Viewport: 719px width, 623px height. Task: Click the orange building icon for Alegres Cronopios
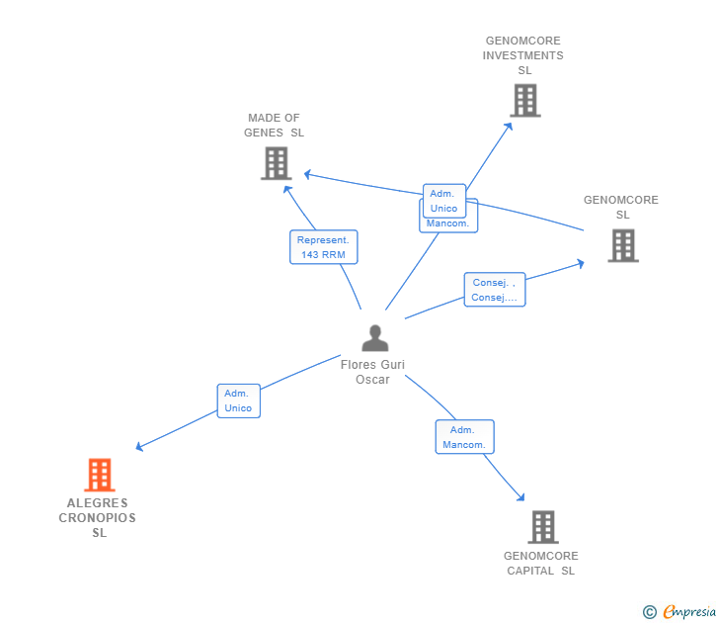pyautogui.click(x=99, y=476)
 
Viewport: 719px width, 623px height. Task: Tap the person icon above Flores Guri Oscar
pyautogui.click(x=374, y=338)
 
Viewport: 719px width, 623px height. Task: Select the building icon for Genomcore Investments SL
pyautogui.click(x=524, y=100)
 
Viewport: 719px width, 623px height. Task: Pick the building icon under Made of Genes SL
pyautogui.click(x=276, y=163)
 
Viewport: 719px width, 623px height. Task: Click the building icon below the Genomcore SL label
pyautogui.click(x=622, y=245)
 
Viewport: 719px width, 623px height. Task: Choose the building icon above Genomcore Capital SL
pyautogui.click(x=542, y=527)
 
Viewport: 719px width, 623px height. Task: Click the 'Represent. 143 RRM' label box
pyautogui.click(x=323, y=247)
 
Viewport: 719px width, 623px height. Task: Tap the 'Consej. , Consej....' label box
pyautogui.click(x=494, y=290)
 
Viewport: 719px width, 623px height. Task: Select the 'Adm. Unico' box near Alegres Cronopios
pyautogui.click(x=238, y=400)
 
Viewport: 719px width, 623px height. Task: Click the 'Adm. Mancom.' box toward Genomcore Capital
pyautogui.click(x=464, y=437)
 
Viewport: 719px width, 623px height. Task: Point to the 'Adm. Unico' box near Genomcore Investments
pyautogui.click(x=444, y=201)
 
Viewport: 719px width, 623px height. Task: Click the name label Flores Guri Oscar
pyautogui.click(x=372, y=372)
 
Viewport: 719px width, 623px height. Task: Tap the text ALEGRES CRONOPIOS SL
pyautogui.click(x=98, y=518)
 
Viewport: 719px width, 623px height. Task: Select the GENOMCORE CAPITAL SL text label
pyautogui.click(x=541, y=563)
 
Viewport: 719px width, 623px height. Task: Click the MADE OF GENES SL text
pyautogui.click(x=274, y=126)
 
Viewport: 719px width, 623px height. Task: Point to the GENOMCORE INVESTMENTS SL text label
pyautogui.click(x=523, y=55)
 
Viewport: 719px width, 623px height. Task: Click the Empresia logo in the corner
pyautogui.click(x=688, y=612)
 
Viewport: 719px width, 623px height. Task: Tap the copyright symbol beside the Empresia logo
pyautogui.click(x=649, y=612)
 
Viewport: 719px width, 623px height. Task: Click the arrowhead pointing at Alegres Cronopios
pyautogui.click(x=139, y=448)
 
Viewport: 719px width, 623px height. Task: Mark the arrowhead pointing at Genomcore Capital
pyautogui.click(x=520, y=497)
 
